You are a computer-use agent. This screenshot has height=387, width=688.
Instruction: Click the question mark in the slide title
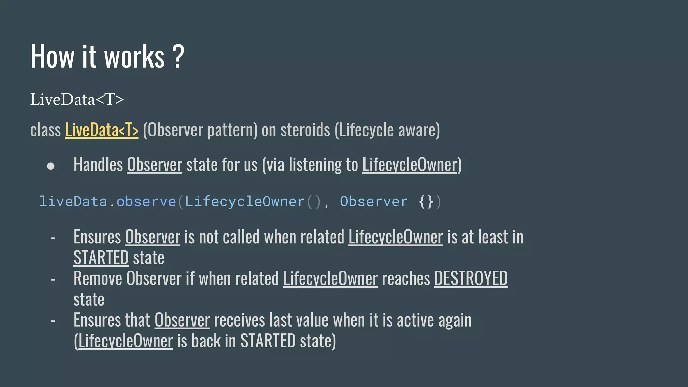tap(178, 56)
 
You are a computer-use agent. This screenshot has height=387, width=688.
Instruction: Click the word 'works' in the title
tap(134, 57)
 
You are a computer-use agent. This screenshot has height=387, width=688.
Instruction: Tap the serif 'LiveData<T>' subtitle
tap(77, 99)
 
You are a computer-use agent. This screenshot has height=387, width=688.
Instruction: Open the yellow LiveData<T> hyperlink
tap(102, 130)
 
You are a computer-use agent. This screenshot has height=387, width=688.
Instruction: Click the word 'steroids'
tap(305, 130)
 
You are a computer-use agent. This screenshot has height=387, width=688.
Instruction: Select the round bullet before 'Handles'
tap(51, 166)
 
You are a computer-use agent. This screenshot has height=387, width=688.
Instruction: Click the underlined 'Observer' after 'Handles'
tap(155, 165)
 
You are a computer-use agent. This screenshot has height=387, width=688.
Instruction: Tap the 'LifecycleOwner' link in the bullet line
tap(410, 165)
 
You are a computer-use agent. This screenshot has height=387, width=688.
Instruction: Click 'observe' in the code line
tap(146, 202)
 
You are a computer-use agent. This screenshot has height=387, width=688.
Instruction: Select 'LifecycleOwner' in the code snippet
tap(245, 202)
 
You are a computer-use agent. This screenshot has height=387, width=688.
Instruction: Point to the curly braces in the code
tap(426, 202)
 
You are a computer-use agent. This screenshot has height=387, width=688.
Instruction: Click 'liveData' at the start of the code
tap(73, 202)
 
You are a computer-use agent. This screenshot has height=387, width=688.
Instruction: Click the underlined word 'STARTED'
tap(101, 258)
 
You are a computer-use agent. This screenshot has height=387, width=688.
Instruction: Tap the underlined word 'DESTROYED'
tap(471, 278)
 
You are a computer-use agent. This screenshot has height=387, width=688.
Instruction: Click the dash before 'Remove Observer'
tap(53, 279)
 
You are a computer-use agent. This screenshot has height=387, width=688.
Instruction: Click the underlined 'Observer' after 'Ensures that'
tap(182, 320)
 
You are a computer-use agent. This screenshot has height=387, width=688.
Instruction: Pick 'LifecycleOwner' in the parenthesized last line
tap(125, 341)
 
